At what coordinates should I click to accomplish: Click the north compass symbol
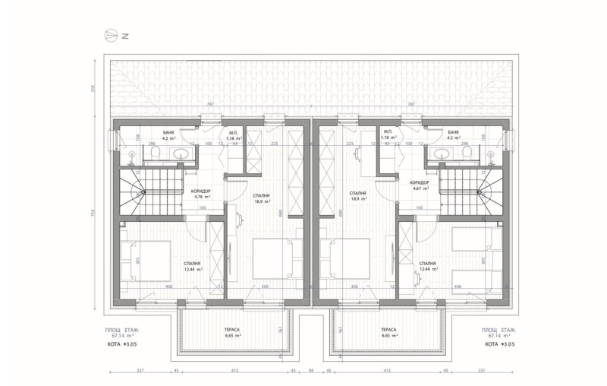point(112,35)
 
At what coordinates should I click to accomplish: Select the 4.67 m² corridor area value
point(420,188)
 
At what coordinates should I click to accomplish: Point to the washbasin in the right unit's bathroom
point(440,155)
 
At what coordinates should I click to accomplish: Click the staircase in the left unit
point(138,194)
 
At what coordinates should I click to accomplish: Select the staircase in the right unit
point(467,194)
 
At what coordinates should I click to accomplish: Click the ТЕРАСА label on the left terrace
point(232,330)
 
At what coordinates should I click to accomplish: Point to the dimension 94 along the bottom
point(312,372)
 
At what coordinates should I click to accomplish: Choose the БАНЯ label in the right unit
point(453,132)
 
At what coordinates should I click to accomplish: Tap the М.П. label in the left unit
point(232,132)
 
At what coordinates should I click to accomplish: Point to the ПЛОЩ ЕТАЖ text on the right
point(498,330)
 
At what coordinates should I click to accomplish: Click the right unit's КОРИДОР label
point(420,182)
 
